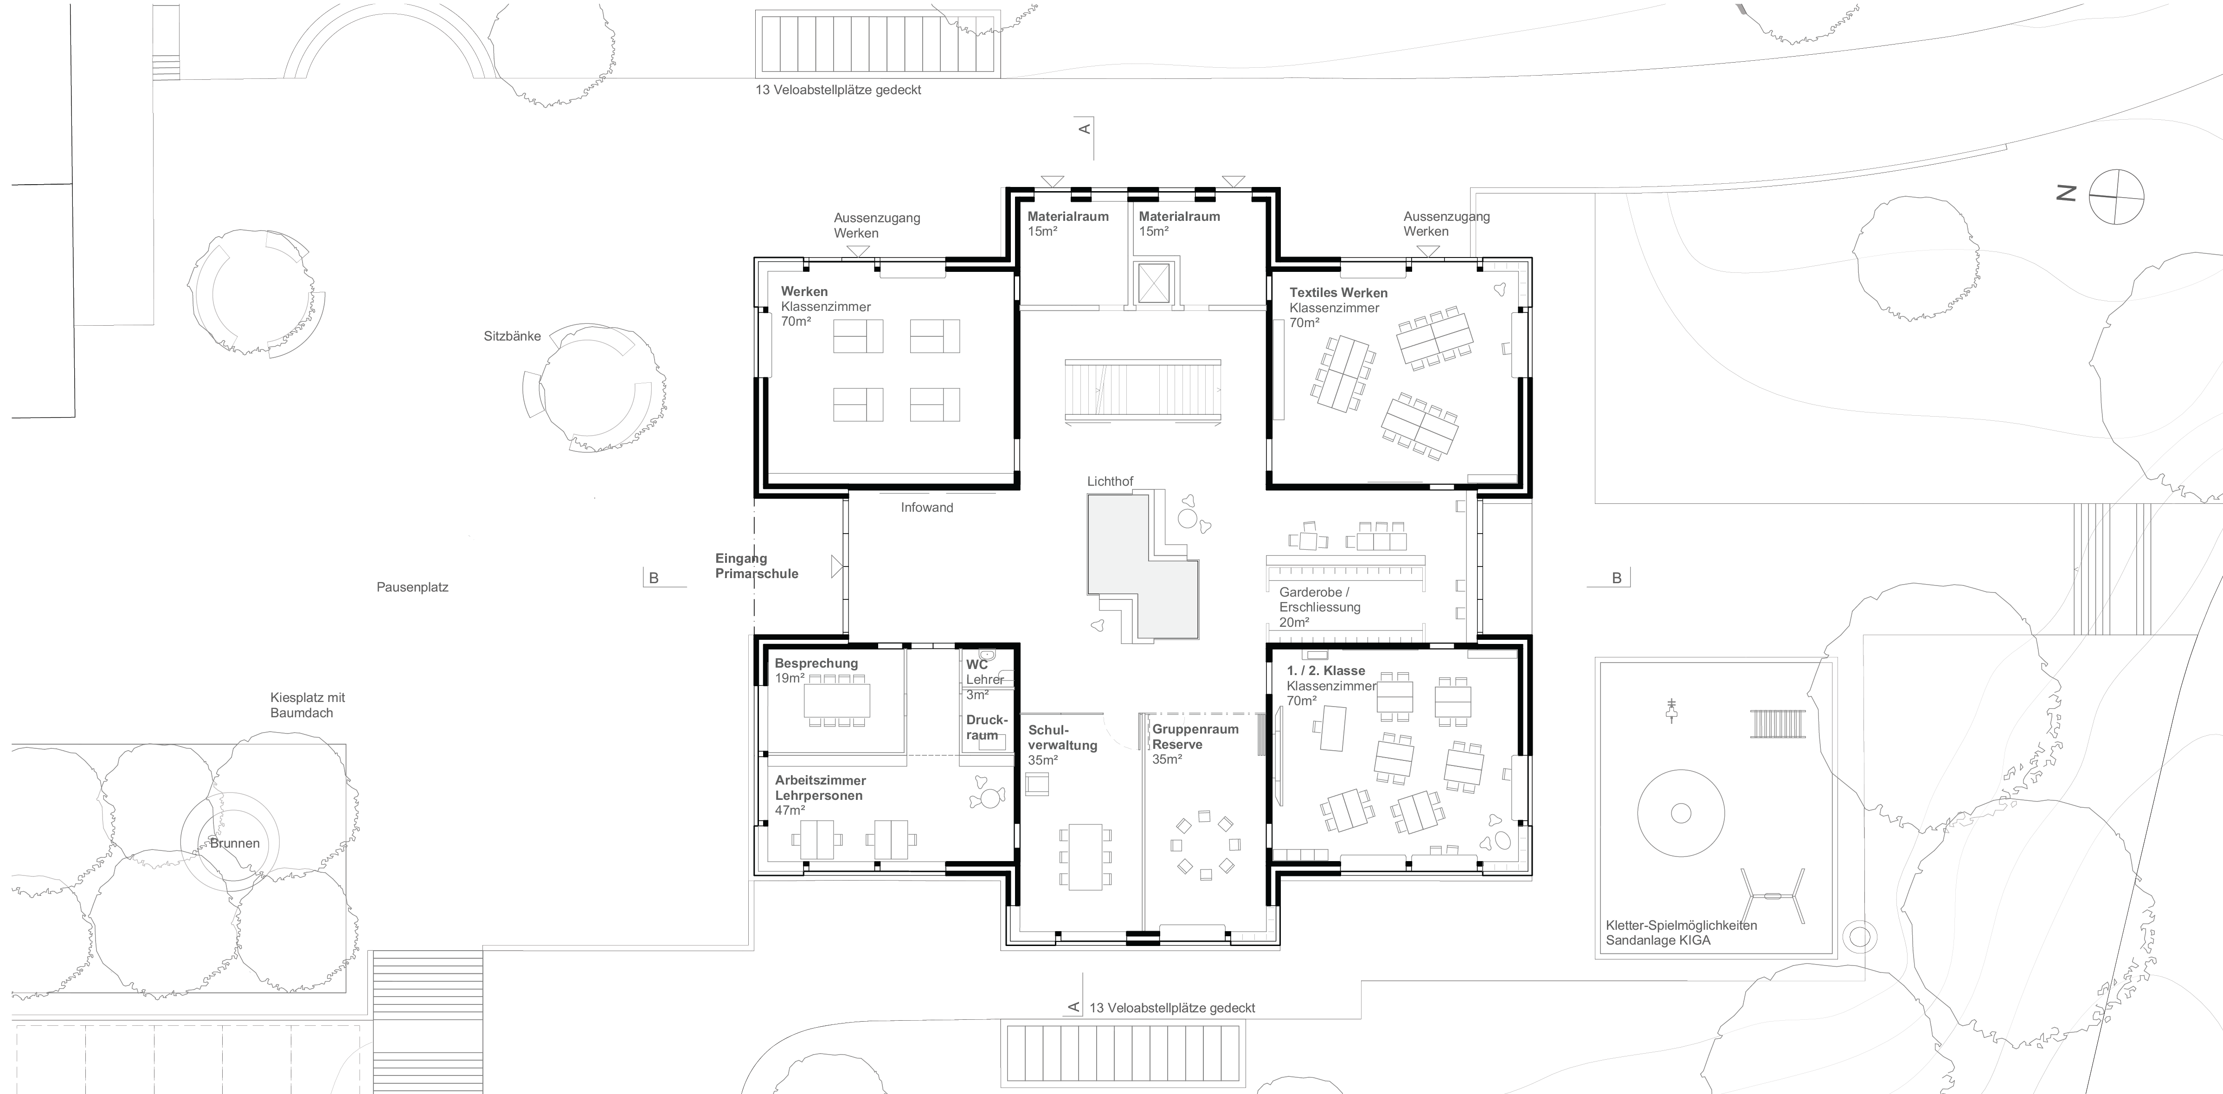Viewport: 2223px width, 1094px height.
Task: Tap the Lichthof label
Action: pos(1110,482)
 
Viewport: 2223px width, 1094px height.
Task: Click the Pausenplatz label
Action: pos(412,587)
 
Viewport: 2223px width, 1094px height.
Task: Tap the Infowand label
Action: pos(927,507)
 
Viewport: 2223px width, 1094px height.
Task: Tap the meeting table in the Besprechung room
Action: pos(836,701)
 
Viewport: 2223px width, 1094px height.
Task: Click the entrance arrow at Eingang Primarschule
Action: pos(836,567)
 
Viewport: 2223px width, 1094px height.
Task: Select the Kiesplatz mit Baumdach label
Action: pos(307,705)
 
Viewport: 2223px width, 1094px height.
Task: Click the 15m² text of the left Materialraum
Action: pos(1042,231)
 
